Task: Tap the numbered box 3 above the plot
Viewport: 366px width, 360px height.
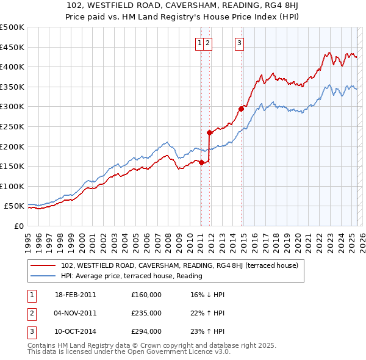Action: point(239,43)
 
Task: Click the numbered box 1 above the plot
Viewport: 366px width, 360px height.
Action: point(199,43)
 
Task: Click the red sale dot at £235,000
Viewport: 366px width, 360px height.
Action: point(209,132)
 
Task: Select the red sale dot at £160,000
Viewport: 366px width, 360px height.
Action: point(201,162)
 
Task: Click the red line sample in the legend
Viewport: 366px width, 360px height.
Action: point(44,266)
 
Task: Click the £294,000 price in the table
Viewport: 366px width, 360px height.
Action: point(146,331)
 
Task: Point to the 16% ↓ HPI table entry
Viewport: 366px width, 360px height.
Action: point(207,295)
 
